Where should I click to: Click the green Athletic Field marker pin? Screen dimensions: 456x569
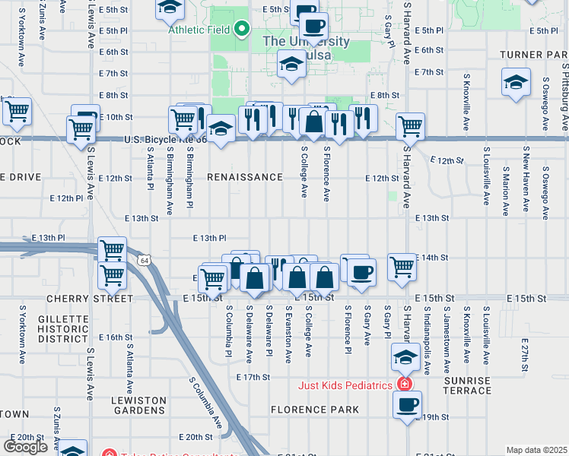click(x=242, y=30)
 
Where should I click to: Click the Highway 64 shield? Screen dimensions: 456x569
click(x=143, y=261)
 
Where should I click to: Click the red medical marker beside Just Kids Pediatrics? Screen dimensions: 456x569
click(x=403, y=385)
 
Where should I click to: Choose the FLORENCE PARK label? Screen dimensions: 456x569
click(x=314, y=410)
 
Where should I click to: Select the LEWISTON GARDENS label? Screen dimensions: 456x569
click(x=138, y=406)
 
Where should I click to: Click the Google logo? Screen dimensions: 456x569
click(x=25, y=446)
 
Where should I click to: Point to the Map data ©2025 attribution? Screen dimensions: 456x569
click(x=536, y=450)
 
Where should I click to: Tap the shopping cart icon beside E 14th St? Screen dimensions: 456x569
click(x=402, y=266)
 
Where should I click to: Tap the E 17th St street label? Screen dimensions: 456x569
click(x=254, y=377)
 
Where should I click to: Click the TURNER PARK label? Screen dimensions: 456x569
click(x=533, y=55)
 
